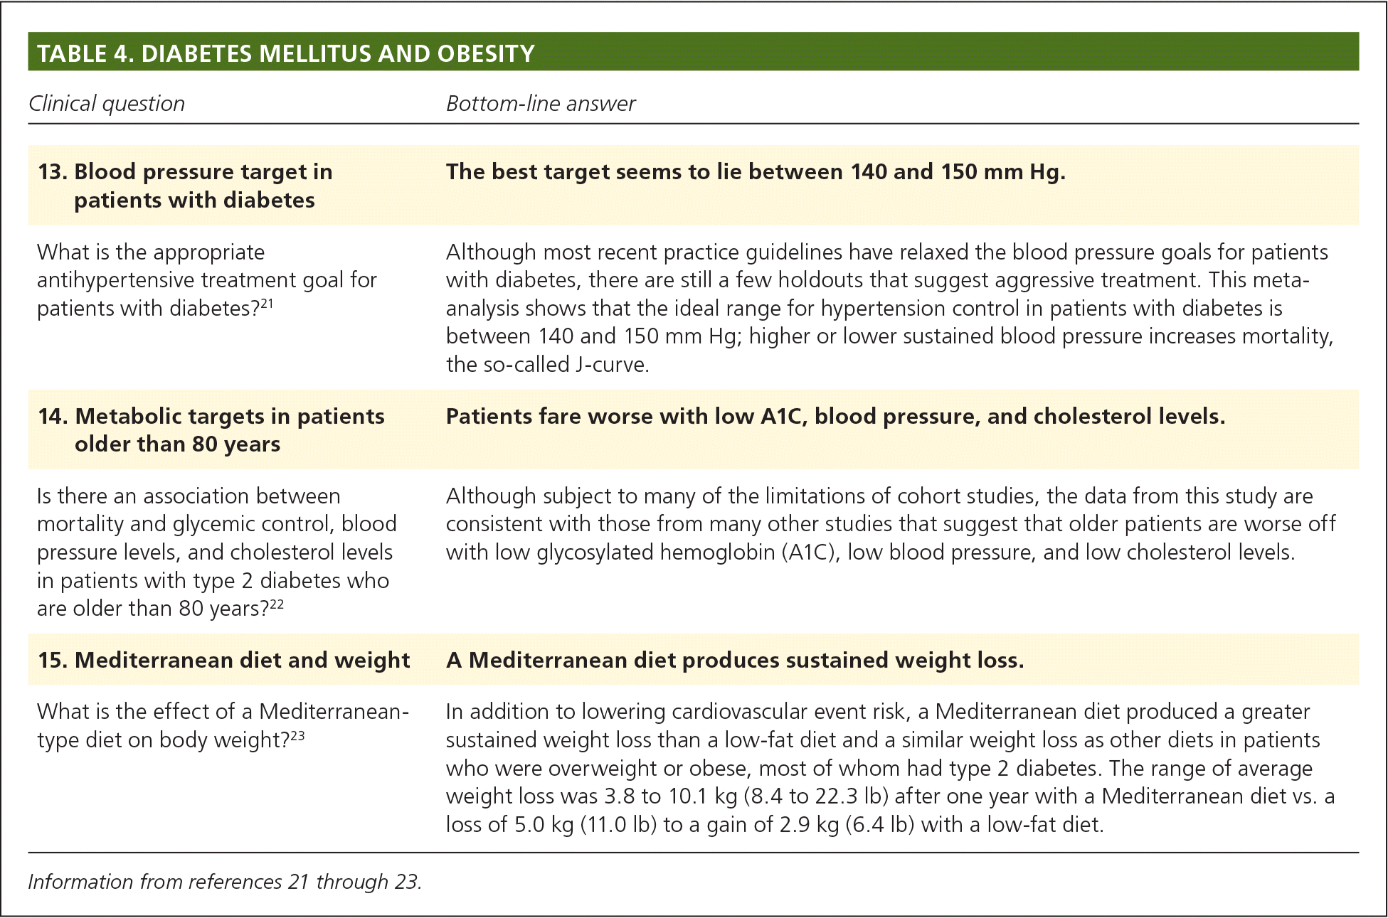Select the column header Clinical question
[x=107, y=104]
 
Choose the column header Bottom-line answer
[x=541, y=104]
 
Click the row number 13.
[x=51, y=172]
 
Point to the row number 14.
[x=52, y=416]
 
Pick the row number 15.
[x=52, y=661]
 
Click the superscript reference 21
[x=266, y=304]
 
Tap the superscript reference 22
[x=277, y=604]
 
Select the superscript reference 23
[x=297, y=735]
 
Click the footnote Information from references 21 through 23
[x=225, y=882]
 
